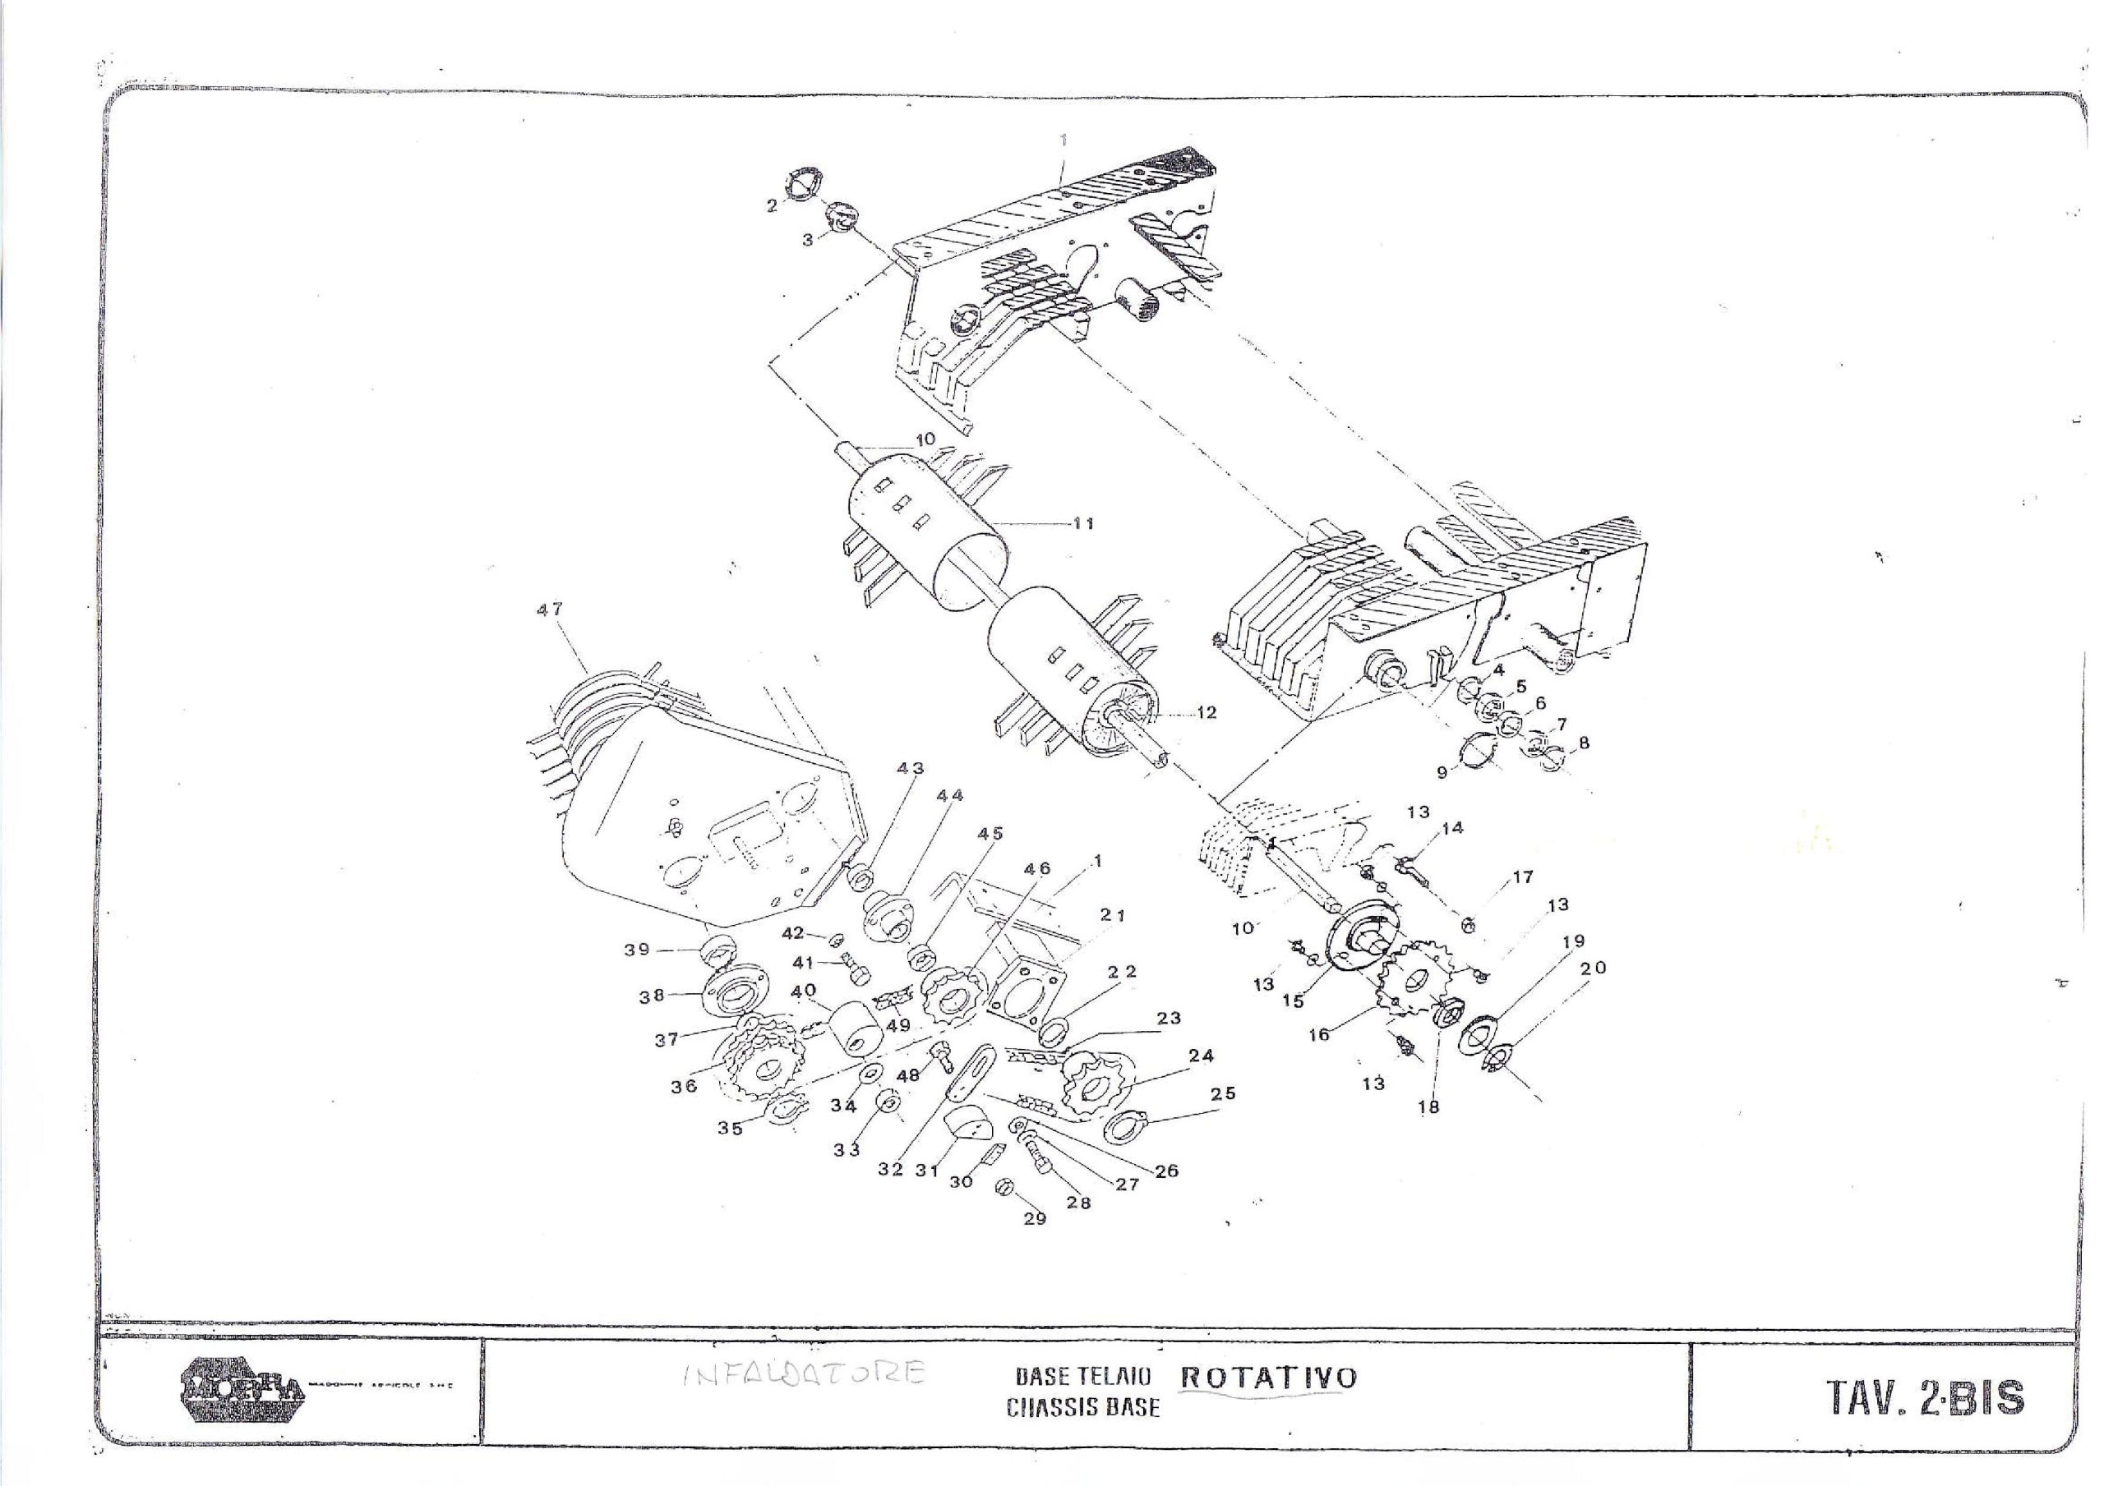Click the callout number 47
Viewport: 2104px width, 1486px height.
coord(550,610)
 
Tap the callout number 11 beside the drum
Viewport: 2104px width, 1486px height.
coord(1084,524)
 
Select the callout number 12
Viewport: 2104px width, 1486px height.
coord(1207,712)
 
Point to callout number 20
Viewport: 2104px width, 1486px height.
coord(1593,968)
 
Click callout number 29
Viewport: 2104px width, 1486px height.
coord(1035,1218)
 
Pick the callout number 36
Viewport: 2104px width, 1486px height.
coord(684,1087)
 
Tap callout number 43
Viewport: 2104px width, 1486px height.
coord(910,768)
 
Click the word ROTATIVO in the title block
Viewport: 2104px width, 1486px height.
coord(1268,1377)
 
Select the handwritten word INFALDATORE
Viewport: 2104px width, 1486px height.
coord(804,1373)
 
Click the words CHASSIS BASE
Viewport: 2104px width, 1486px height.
coord(1082,1407)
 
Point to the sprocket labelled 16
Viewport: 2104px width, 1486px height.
coord(1413,984)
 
